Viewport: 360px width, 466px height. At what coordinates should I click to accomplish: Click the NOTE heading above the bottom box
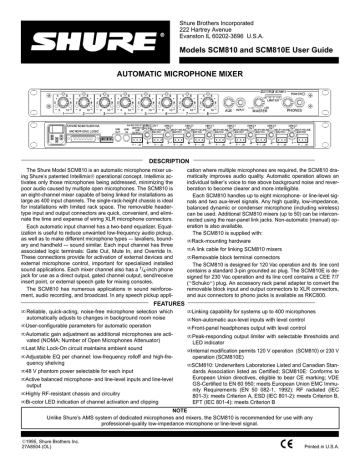180,408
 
